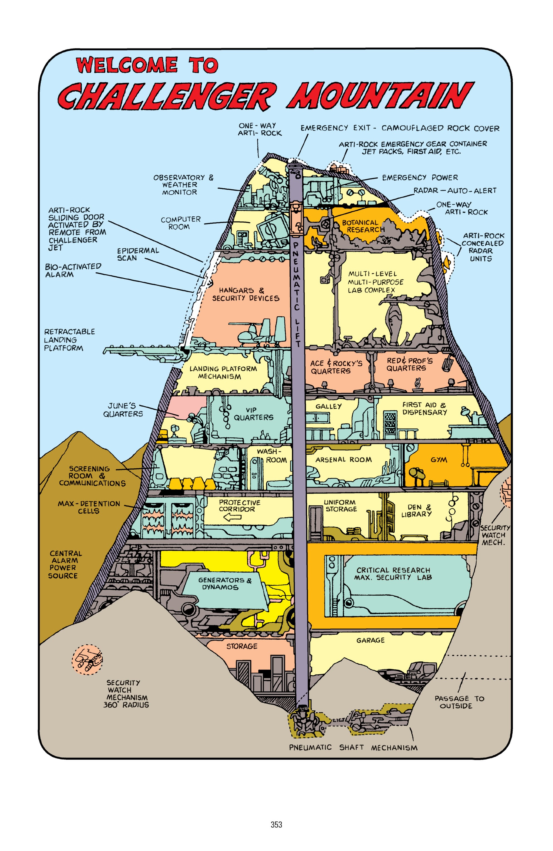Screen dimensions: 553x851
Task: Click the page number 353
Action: coord(276,825)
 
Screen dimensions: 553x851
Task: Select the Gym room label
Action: coord(439,460)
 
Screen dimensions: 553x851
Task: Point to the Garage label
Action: coord(370,640)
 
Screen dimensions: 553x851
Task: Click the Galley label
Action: coord(328,407)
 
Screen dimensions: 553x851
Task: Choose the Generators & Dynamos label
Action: coord(225,584)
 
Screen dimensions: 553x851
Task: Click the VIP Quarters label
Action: coord(254,414)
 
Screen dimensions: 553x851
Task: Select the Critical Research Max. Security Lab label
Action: coord(393,574)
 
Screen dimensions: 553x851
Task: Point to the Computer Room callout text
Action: coord(181,223)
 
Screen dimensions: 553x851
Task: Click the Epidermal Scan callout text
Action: coord(138,254)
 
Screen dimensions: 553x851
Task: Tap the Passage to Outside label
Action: coord(459,702)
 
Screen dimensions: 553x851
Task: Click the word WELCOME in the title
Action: coord(127,65)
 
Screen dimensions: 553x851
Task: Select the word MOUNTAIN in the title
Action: coord(380,96)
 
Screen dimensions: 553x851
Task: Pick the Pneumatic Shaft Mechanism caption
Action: coord(353,748)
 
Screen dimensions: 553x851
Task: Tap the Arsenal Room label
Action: coord(343,460)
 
